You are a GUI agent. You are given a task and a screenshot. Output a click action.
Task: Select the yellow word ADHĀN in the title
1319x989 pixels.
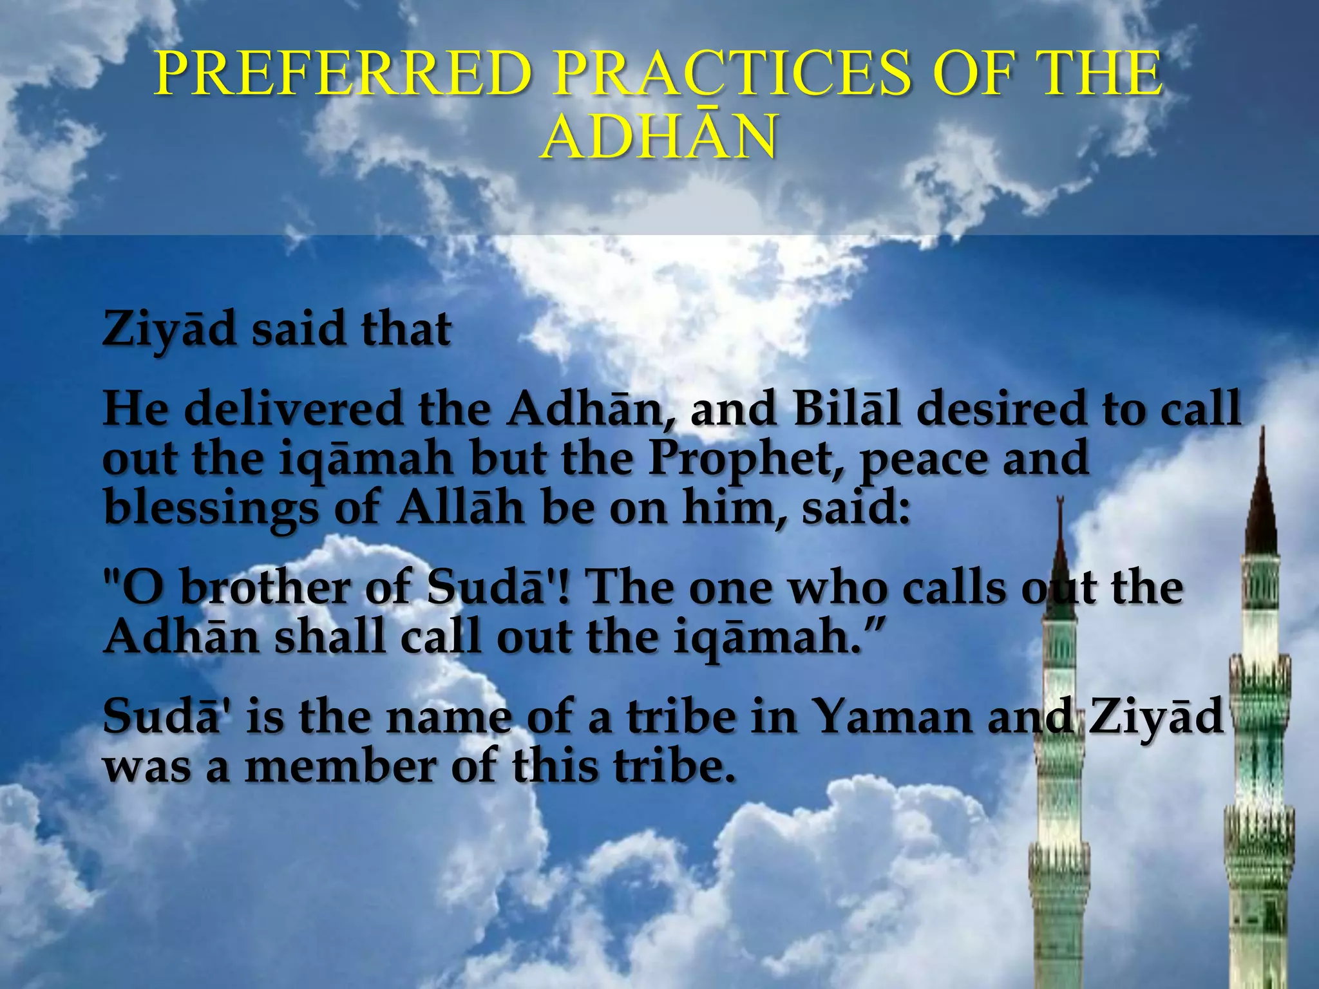(659, 137)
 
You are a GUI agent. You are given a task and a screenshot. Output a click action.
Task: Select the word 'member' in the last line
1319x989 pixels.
(341, 766)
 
